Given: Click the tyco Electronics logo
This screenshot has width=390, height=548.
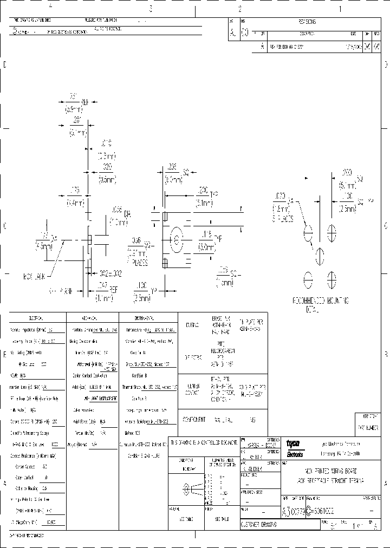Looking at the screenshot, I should point(295,448).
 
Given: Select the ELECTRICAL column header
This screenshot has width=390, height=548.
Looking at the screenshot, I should point(37,317).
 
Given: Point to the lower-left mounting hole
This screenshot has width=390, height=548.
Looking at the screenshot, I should point(308,278).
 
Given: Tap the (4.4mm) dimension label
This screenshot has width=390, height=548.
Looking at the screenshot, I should point(75,204).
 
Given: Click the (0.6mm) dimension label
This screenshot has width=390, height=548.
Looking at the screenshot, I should point(107,180).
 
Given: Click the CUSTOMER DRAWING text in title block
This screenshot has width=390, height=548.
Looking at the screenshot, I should point(259,524).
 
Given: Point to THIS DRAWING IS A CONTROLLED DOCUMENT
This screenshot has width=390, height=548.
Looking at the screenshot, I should point(204,442).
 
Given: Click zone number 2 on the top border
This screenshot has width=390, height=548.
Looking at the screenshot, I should point(239,8).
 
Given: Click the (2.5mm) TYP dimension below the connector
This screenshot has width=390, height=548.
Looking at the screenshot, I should point(143,298).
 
